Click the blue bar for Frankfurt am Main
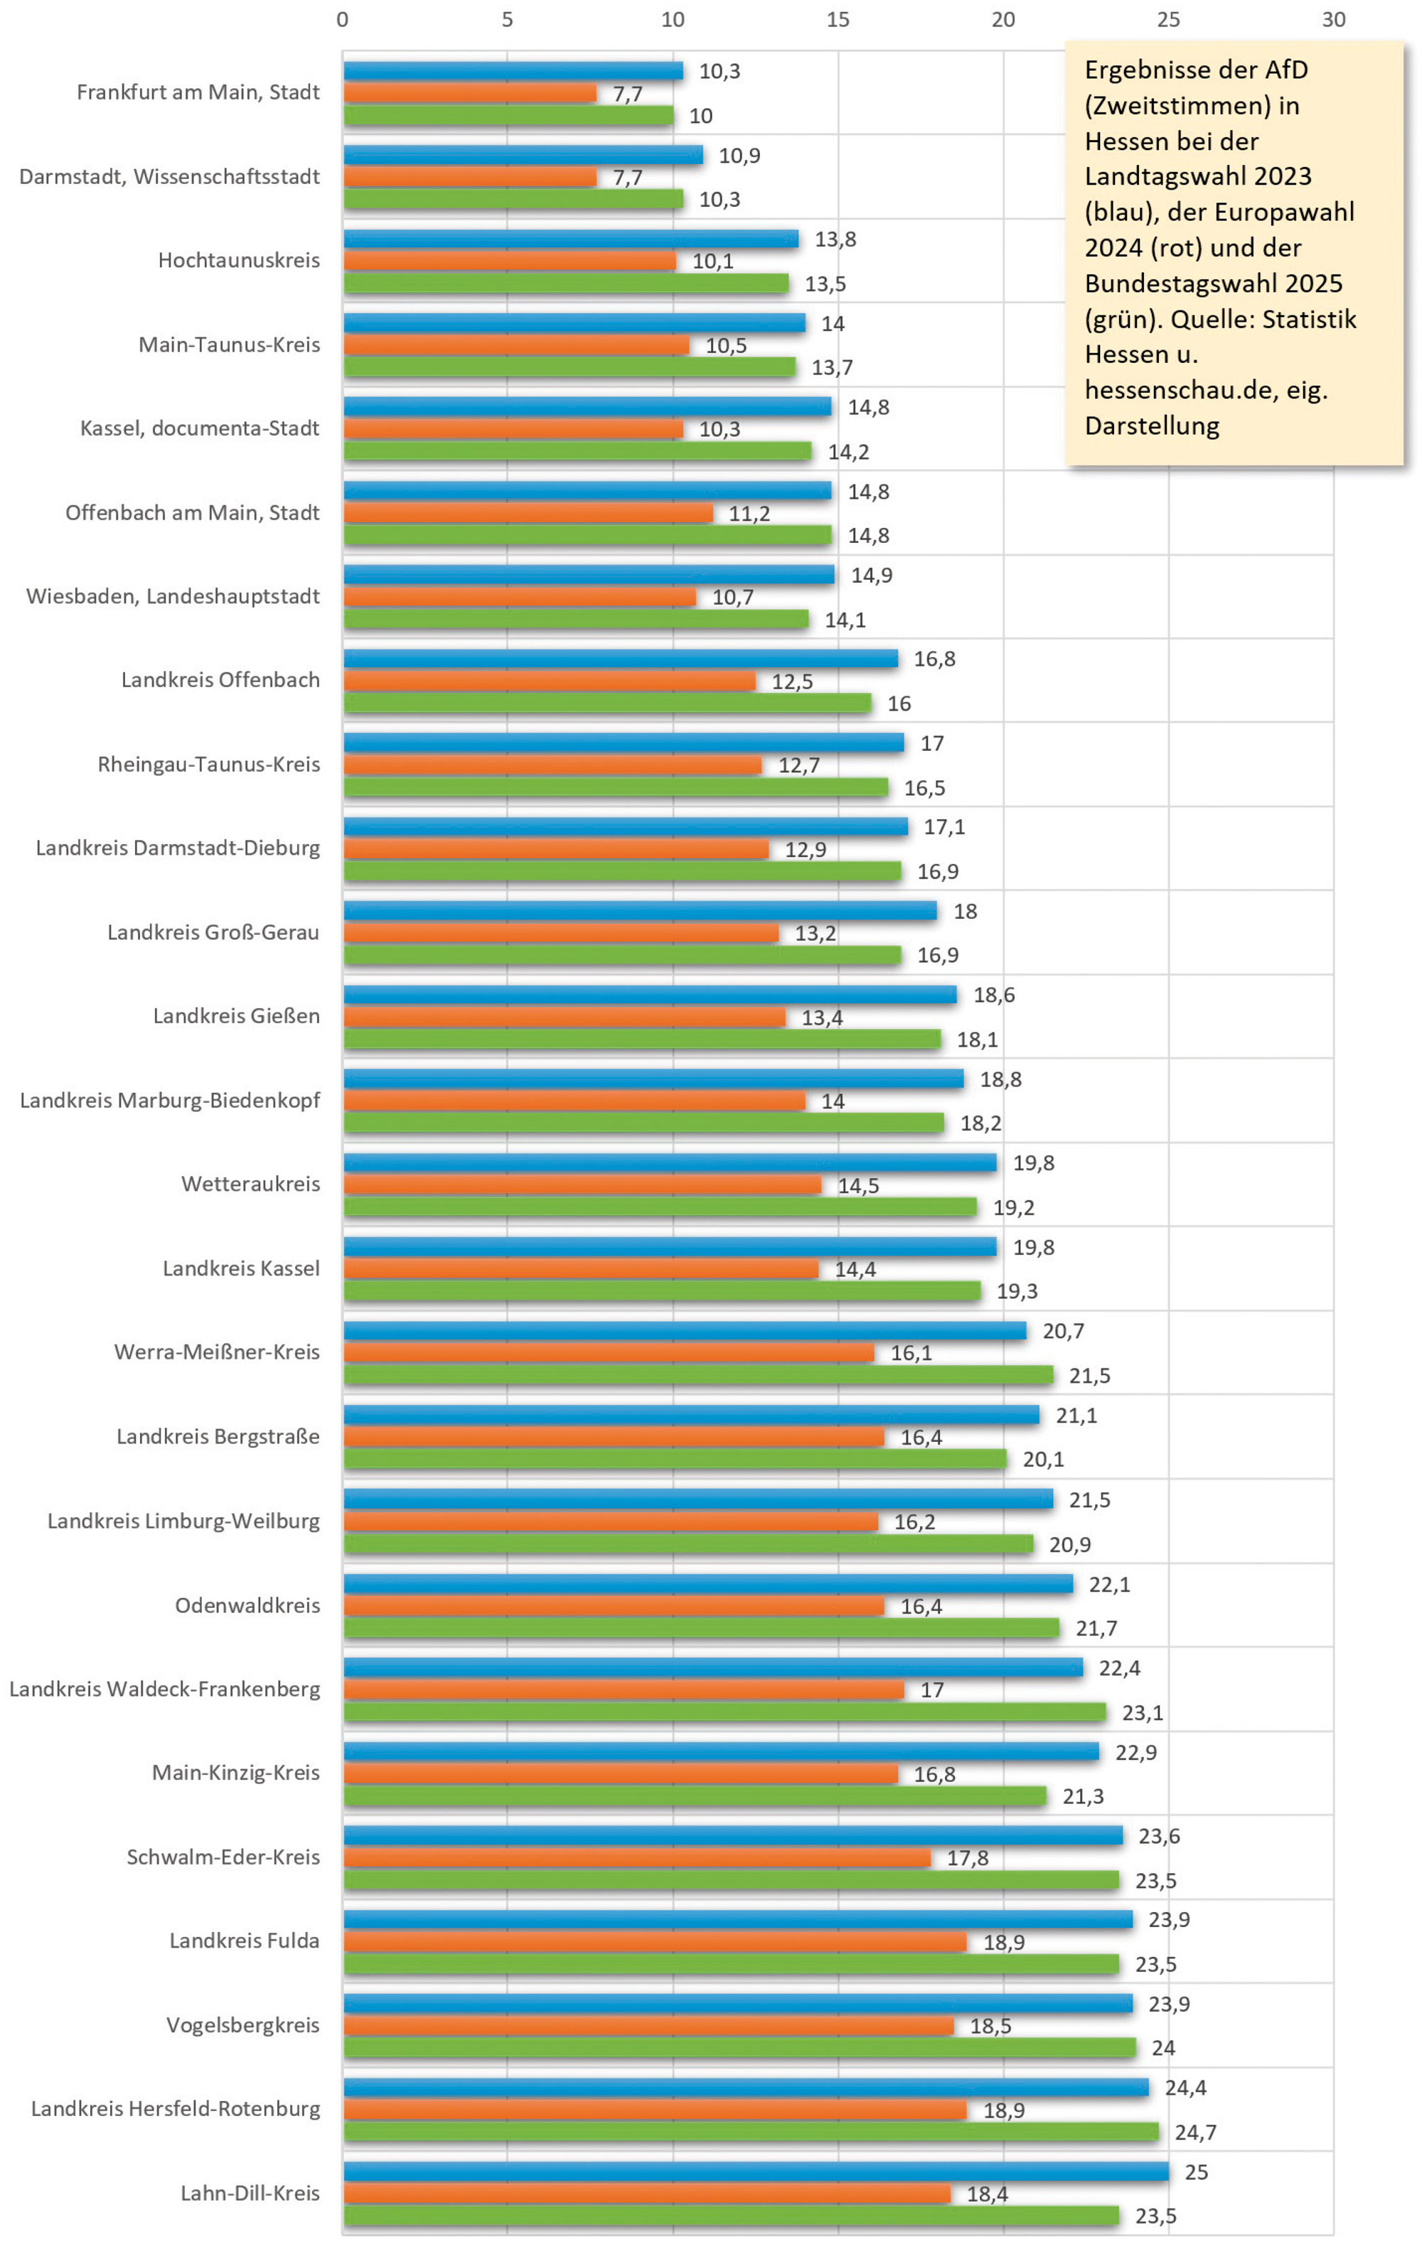(513, 71)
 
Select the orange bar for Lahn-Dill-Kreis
(646, 2193)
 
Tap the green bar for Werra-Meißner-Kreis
(698, 1375)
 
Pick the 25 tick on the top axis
(1168, 20)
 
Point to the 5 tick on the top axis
(508, 20)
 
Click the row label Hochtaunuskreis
(239, 260)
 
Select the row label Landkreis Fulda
(245, 1941)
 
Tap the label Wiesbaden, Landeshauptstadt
(173, 596)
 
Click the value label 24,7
(1195, 2132)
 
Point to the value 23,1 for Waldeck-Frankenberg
(1142, 1712)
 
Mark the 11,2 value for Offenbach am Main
(749, 514)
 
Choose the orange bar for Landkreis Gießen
(565, 1017)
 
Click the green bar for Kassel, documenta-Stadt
(577, 451)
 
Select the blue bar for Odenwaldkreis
(708, 1584)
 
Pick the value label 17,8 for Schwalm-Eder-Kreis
(968, 1858)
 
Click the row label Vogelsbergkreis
(242, 2025)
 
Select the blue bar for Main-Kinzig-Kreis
(721, 1751)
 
